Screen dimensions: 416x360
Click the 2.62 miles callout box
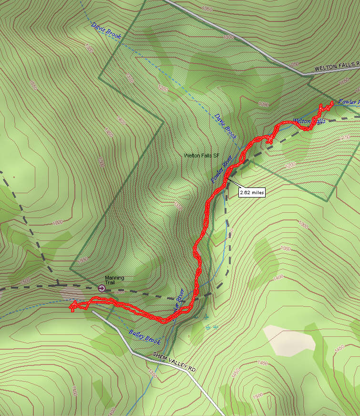coord(251,192)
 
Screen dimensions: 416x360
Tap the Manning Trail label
coord(114,280)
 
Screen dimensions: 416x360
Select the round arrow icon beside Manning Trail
coord(101,288)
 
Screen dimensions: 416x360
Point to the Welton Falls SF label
coord(201,156)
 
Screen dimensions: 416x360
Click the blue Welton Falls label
coord(309,121)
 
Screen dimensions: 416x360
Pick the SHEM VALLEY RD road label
coord(175,356)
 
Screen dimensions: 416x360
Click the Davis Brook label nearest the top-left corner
coord(106,31)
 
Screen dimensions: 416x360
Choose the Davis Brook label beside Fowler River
coord(225,126)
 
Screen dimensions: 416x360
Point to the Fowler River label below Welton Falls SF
coord(222,169)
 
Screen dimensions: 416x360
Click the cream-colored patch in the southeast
coord(289,340)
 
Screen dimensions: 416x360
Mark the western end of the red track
coord(72,307)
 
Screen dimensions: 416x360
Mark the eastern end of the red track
coord(332,103)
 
